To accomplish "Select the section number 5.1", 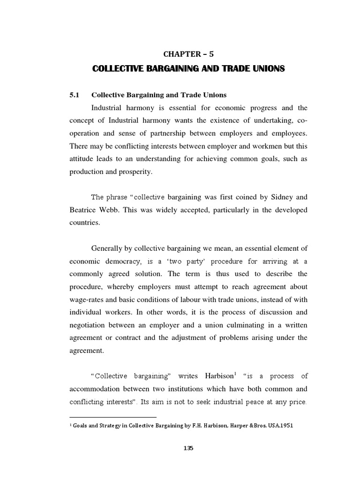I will point(75,95).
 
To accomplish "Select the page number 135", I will point(188,448).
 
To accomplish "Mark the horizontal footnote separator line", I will point(112,417).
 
